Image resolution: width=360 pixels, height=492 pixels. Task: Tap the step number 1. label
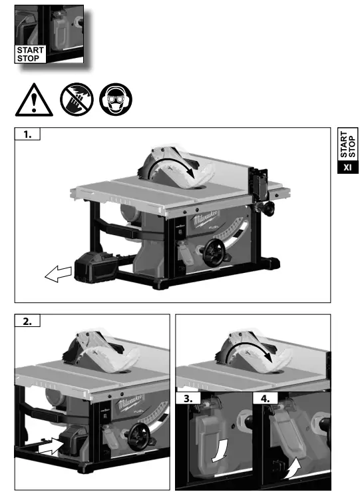[x=27, y=134]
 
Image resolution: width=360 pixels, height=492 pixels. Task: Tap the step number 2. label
[x=27, y=321]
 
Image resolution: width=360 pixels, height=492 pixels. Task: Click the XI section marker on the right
[x=347, y=166]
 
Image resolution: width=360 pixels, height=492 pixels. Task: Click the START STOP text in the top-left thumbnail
[x=31, y=53]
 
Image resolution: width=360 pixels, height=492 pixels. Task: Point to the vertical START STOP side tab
[x=347, y=142]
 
